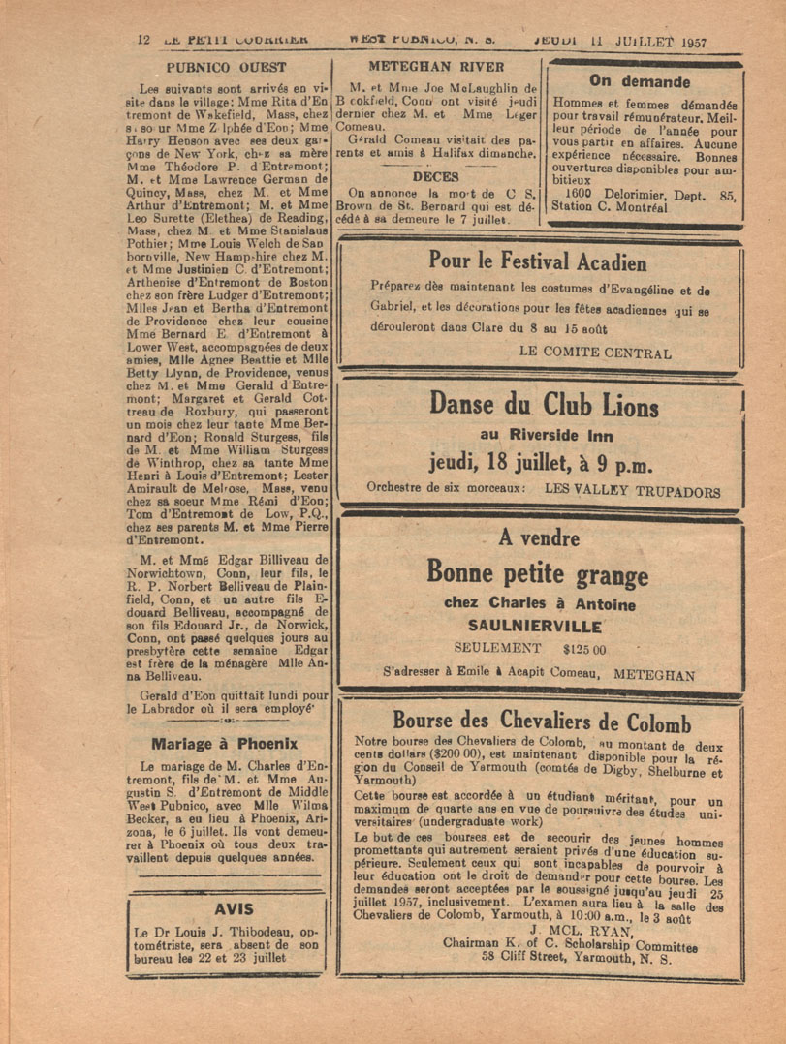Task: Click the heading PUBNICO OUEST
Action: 226,68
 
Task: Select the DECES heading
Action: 435,177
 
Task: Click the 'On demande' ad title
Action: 640,81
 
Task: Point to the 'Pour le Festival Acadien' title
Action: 538,261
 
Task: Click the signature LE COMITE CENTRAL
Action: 595,353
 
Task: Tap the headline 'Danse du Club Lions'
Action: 543,405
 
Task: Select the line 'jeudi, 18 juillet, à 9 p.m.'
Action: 541,464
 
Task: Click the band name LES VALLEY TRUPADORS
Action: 633,491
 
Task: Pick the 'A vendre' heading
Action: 539,538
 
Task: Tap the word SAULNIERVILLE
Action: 540,626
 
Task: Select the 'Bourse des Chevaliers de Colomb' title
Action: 541,722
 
